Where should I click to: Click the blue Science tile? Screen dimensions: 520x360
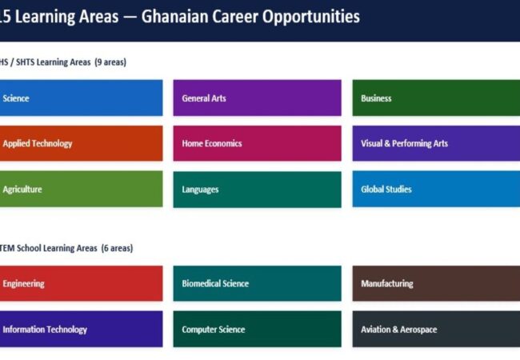click(82, 98)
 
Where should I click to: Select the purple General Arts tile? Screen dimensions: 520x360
click(257, 98)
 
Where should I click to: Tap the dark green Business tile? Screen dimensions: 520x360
click(436, 98)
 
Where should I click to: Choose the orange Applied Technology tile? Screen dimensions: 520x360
click(82, 143)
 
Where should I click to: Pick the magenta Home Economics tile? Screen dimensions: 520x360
click(257, 143)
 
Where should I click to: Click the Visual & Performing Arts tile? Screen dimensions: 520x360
click(436, 143)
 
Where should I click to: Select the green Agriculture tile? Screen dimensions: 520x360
click(82, 189)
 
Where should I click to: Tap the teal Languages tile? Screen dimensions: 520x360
click(257, 190)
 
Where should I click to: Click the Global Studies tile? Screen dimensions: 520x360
click(436, 189)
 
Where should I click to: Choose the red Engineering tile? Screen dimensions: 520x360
click(82, 283)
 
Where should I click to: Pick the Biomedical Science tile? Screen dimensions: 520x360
click(257, 283)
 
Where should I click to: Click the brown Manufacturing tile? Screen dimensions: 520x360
click(436, 283)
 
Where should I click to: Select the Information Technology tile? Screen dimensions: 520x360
click(82, 329)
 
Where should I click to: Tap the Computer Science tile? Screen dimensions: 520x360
click(257, 329)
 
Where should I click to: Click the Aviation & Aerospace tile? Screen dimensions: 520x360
click(436, 329)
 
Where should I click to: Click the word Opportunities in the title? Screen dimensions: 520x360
click(311, 18)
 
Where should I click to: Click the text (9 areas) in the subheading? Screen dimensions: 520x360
click(110, 62)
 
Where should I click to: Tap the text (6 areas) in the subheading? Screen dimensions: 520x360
click(117, 248)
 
